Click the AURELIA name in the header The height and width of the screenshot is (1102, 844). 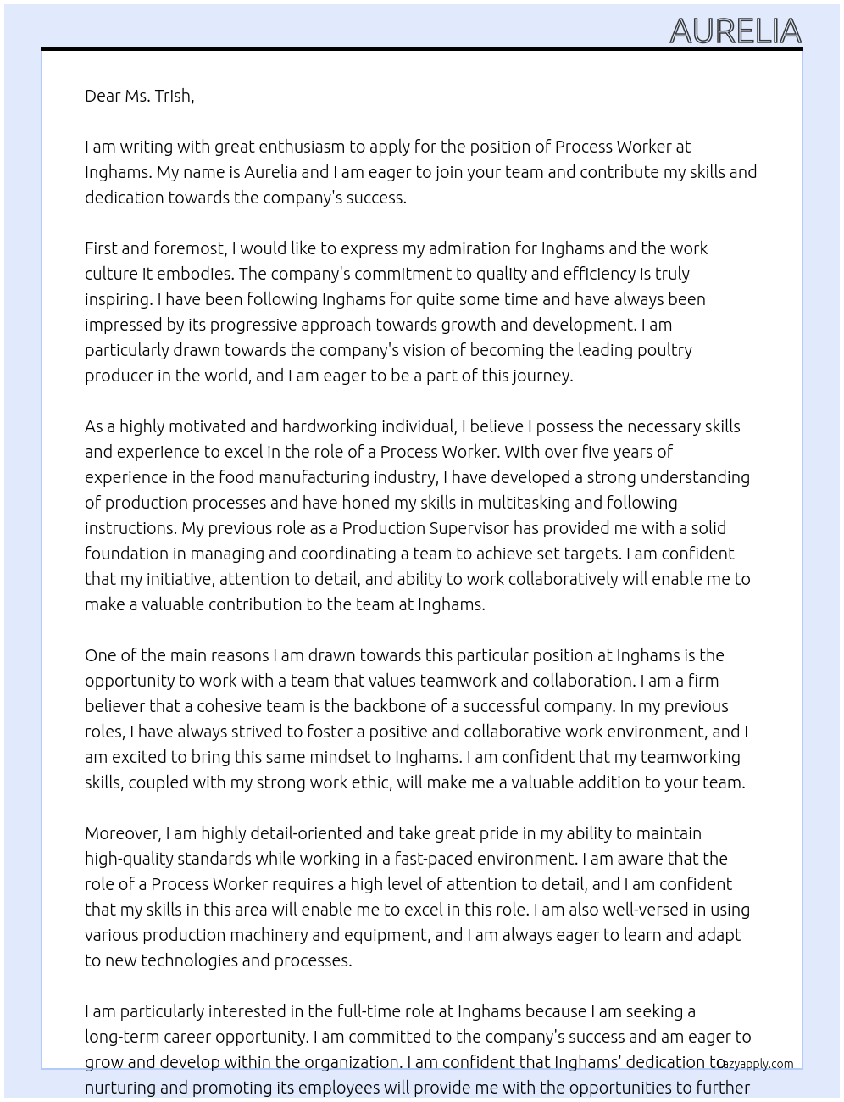pyautogui.click(x=735, y=31)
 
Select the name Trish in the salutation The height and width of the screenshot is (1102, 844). pyautogui.click(x=173, y=96)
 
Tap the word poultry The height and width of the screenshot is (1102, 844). pyautogui.click(x=664, y=350)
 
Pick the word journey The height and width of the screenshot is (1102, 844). pyautogui.click(x=542, y=376)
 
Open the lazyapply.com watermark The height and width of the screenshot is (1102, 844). pyautogui.click(x=756, y=1064)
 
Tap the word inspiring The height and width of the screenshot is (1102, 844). pyautogui.click(x=118, y=299)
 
